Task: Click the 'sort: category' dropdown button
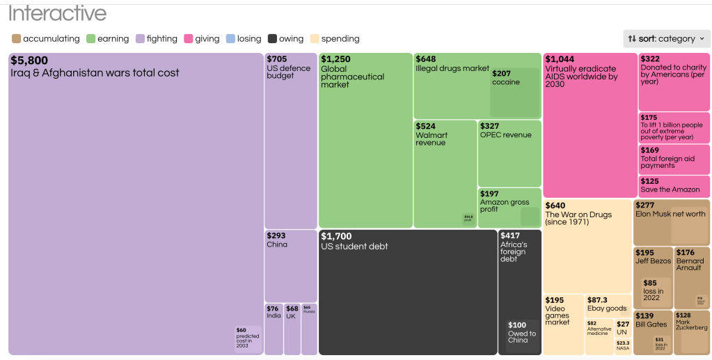tap(667, 39)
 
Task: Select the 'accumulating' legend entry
tap(46, 39)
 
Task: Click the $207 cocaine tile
tap(514, 92)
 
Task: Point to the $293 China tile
tap(290, 265)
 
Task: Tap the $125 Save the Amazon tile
tap(674, 186)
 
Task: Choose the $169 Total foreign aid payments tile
tap(674, 159)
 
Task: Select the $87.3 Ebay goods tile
tap(608, 305)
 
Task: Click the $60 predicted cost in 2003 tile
tap(248, 338)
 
